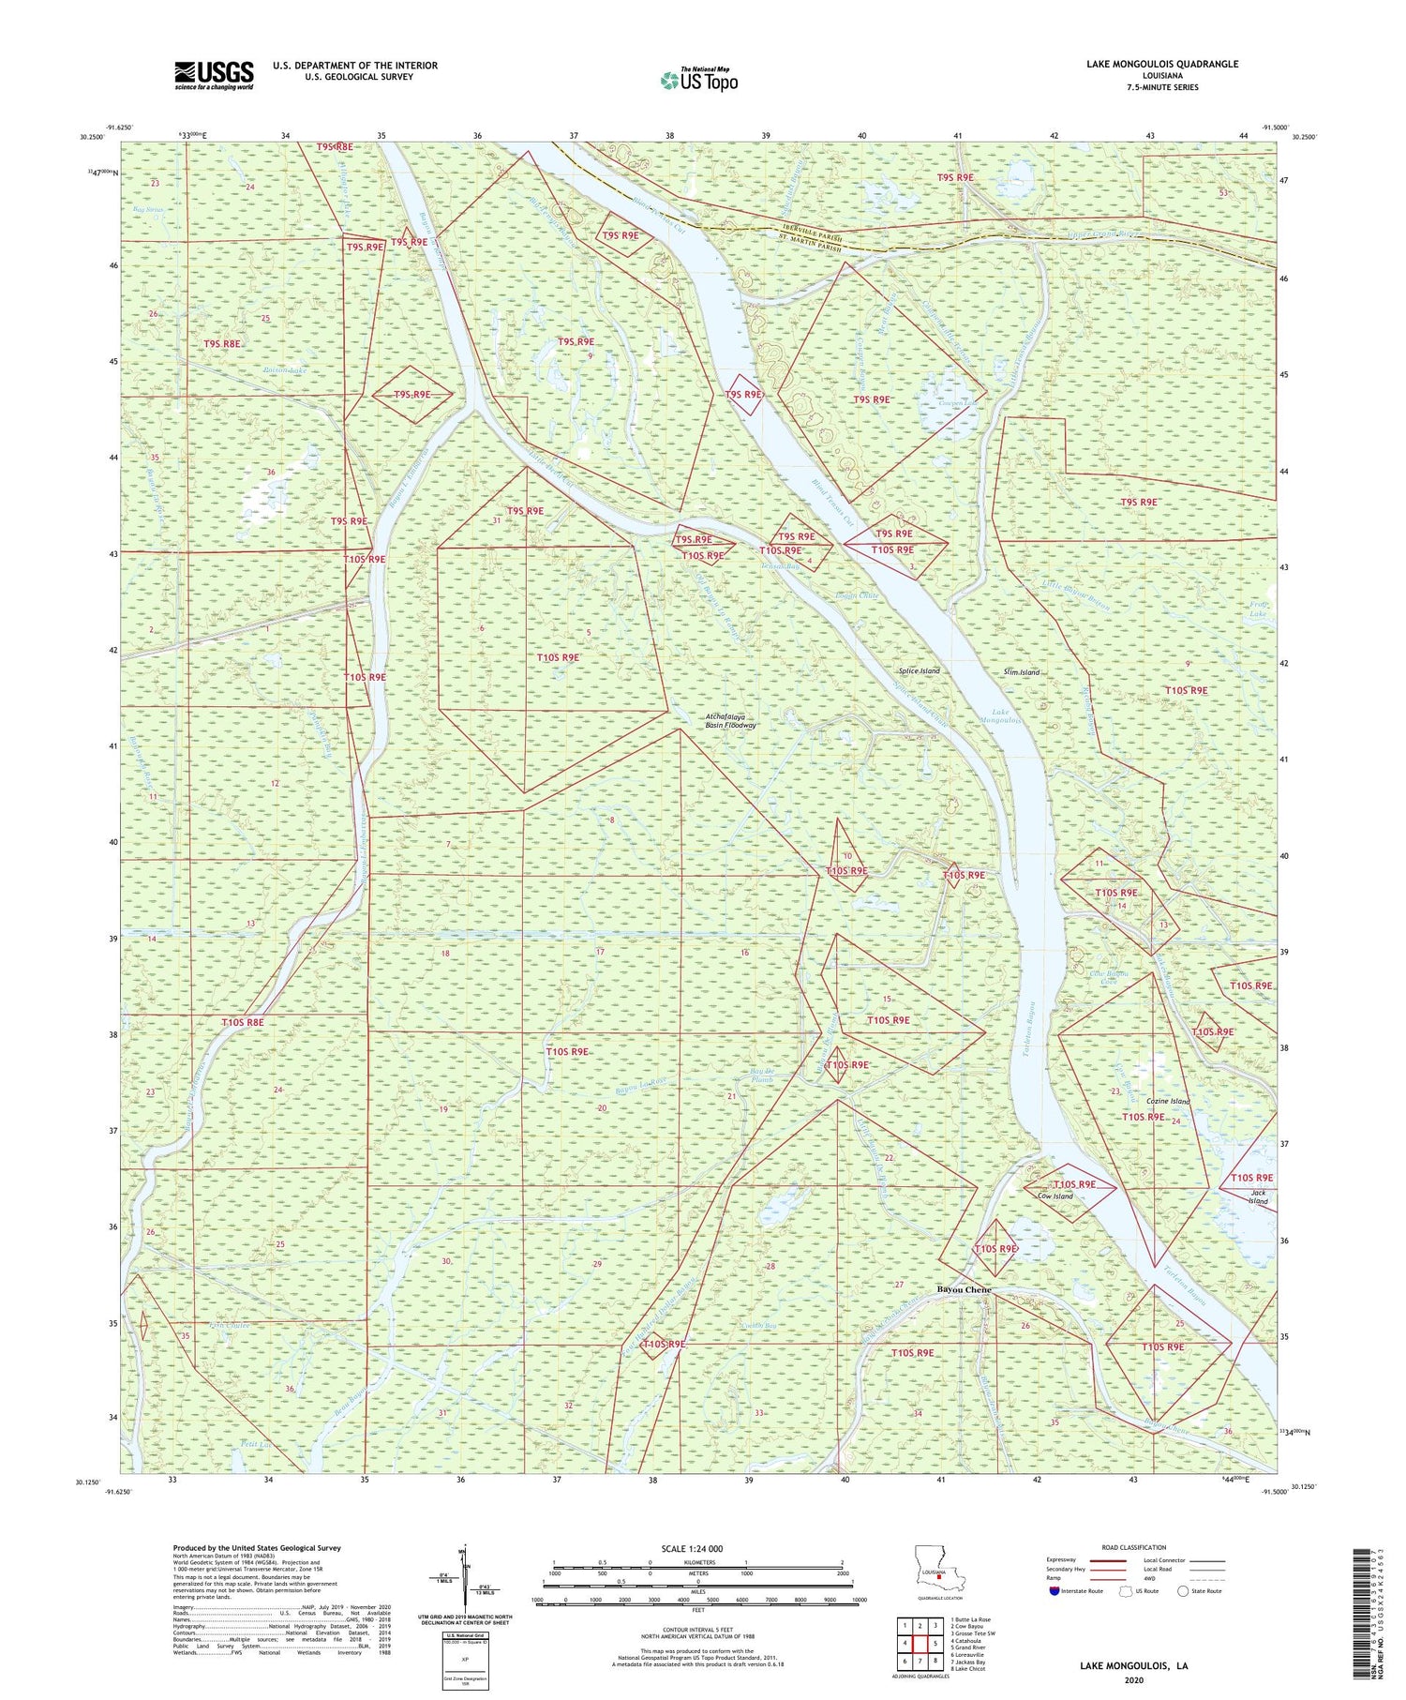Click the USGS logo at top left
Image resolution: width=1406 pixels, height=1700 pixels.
pyautogui.click(x=214, y=75)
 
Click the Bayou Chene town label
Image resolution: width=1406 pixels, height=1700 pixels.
pyautogui.click(x=964, y=1290)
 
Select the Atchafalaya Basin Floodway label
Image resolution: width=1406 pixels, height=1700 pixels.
pyautogui.click(x=730, y=720)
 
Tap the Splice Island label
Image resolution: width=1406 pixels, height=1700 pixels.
pyautogui.click(x=919, y=671)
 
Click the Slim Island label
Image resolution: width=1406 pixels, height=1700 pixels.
pyautogui.click(x=1021, y=672)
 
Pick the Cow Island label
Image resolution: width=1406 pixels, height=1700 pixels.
pyautogui.click(x=1055, y=1196)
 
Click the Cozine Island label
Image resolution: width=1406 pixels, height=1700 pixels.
pyautogui.click(x=1167, y=1101)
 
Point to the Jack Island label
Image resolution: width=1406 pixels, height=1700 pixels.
pyautogui.click(x=1258, y=1197)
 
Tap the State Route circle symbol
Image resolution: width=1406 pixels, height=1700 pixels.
pyautogui.click(x=1184, y=1591)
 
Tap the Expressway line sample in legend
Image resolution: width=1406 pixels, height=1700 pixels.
pyautogui.click(x=1107, y=1561)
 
